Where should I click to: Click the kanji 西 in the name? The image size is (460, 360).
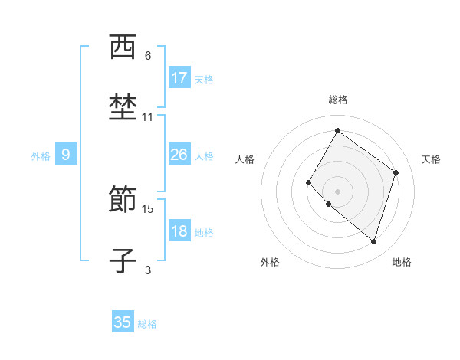click(x=123, y=48)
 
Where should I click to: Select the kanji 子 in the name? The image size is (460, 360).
click(x=123, y=260)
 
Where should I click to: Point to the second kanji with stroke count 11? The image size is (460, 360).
click(x=123, y=107)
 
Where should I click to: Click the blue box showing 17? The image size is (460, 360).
click(x=179, y=78)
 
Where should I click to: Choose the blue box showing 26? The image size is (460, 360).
click(x=179, y=155)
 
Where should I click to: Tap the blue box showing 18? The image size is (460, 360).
click(x=179, y=232)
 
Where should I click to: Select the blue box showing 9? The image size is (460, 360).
click(x=66, y=155)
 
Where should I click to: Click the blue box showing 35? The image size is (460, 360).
click(x=123, y=322)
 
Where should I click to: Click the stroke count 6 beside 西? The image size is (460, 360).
click(x=148, y=55)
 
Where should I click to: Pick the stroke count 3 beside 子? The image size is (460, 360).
click(x=148, y=269)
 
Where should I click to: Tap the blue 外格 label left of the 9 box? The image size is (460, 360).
click(x=41, y=156)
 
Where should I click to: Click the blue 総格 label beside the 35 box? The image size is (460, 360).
click(x=147, y=323)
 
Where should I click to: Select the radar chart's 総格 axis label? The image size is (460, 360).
click(x=338, y=100)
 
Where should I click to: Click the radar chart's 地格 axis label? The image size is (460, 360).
click(x=402, y=262)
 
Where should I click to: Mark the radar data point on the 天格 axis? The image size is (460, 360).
click(x=396, y=172)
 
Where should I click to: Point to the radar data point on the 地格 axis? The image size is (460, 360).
click(x=373, y=242)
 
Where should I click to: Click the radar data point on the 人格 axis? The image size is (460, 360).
click(x=309, y=182)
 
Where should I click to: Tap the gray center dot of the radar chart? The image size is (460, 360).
click(x=337, y=191)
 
